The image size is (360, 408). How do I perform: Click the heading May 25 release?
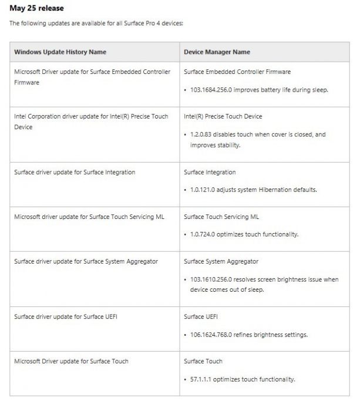pos(37,8)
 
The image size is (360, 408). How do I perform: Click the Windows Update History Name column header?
pos(60,52)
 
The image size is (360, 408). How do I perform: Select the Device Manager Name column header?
pos(217,52)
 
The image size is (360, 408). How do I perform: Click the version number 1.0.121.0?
pos(203,190)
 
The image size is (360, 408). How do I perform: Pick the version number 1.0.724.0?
pos(203,234)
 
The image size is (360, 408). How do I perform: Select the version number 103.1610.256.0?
pos(213,279)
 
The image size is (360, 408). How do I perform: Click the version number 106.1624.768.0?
pos(213,335)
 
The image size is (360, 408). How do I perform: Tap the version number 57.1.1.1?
pos(201,379)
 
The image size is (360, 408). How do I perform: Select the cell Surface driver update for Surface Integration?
pos(75,172)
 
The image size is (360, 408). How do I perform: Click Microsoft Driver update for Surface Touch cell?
pos(71,361)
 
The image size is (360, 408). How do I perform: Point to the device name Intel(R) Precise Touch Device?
pos(223,116)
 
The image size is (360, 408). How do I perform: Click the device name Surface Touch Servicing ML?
pos(220,217)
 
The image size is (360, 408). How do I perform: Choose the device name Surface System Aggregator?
pos(221,261)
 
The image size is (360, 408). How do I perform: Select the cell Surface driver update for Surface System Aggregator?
pos(86,261)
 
